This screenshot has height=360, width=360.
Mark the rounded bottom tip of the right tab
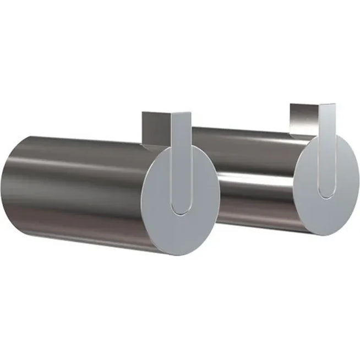click(x=325, y=193)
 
